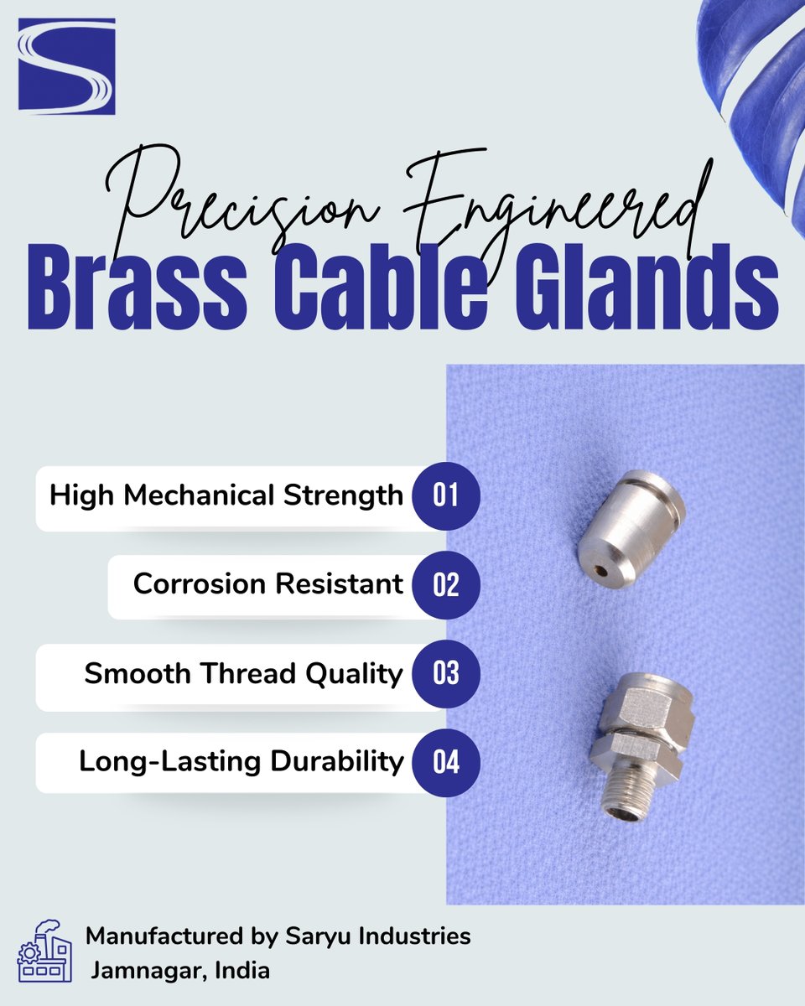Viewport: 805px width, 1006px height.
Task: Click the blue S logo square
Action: coord(66,66)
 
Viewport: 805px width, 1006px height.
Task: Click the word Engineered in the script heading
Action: coord(553,197)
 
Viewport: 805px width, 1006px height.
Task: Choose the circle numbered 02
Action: coord(446,584)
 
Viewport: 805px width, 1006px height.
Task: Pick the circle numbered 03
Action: coord(446,674)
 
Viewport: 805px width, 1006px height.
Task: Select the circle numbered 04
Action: coord(446,762)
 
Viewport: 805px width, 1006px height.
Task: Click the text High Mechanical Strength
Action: coord(226,495)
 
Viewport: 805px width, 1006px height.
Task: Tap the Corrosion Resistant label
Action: coord(268,584)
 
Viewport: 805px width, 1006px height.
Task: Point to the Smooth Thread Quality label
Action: coord(243,674)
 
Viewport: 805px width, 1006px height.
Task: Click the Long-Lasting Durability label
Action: coord(241,762)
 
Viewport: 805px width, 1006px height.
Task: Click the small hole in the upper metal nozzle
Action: coord(598,569)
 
